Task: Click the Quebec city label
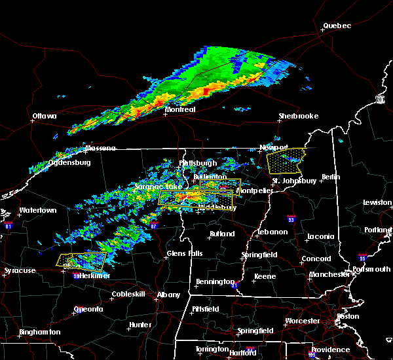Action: [337, 26]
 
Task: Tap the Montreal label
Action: [180, 109]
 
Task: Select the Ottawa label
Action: [44, 117]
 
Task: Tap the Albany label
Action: [168, 295]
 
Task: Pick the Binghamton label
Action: [39, 332]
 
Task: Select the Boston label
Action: [348, 316]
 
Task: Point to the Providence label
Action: [330, 350]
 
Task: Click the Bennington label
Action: [215, 281]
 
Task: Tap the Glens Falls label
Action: [185, 253]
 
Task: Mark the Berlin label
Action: [331, 177]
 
